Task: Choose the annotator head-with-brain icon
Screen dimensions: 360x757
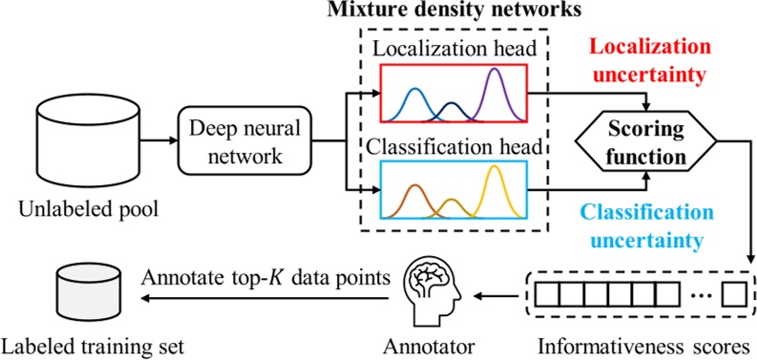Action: tap(426, 290)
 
